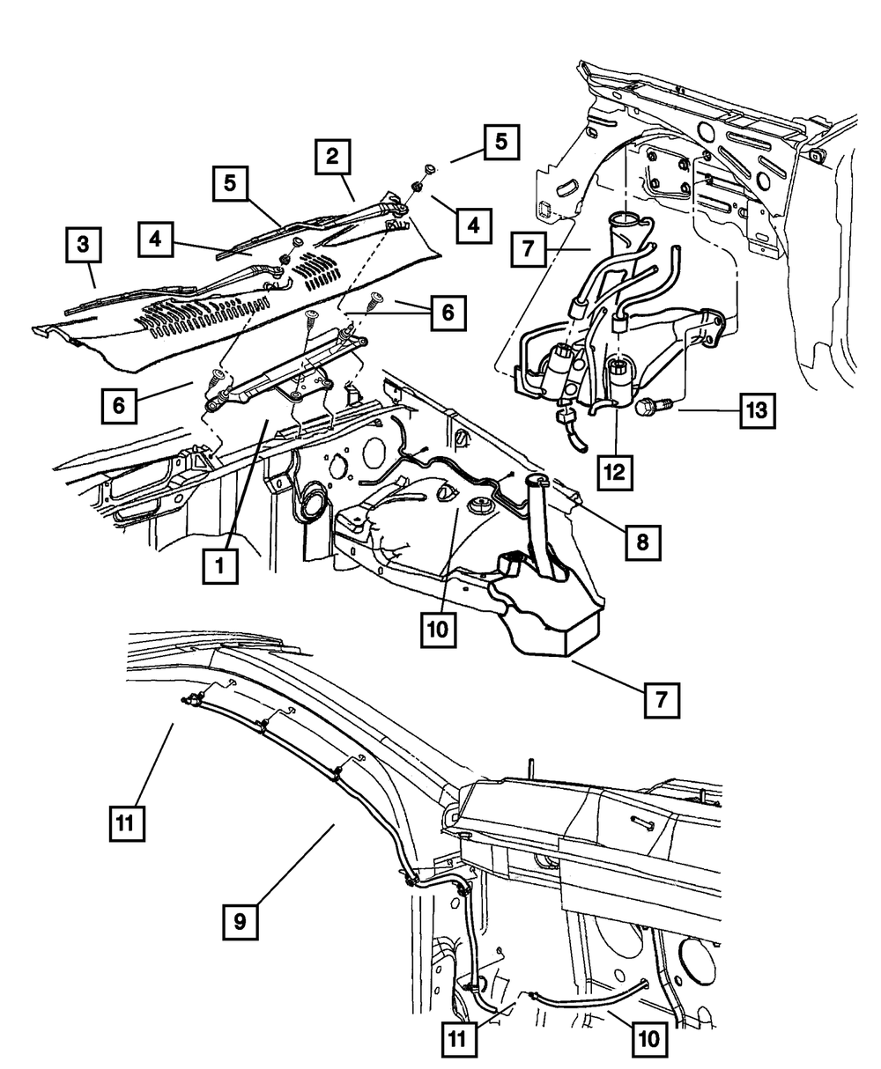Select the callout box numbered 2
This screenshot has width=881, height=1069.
pos(331,159)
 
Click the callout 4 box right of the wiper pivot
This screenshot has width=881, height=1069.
pos(473,226)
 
